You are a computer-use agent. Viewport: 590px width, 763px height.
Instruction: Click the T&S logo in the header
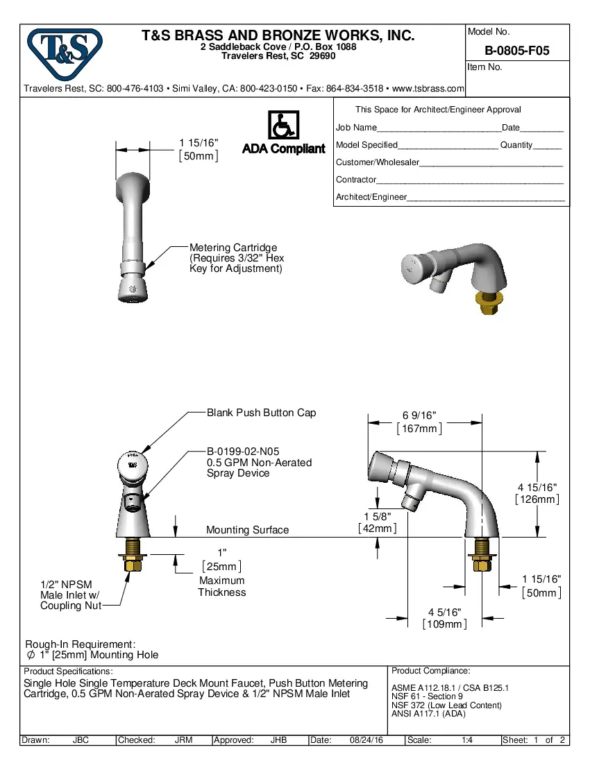coord(65,54)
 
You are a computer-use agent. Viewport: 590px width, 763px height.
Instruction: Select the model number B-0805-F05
coord(516,51)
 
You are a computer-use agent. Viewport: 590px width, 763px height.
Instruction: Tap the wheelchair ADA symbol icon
coord(283,126)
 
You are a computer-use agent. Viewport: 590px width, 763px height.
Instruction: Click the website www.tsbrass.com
coord(428,89)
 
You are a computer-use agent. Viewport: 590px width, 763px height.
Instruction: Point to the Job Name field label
coord(356,128)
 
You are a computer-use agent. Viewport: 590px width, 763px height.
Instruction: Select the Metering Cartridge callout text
coord(233,248)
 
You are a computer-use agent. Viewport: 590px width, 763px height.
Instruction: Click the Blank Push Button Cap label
coord(261,413)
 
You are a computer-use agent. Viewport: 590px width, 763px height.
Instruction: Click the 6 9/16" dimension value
coord(419,415)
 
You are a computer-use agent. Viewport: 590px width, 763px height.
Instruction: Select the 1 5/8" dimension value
coord(378,516)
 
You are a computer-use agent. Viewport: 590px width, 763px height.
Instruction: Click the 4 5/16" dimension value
coord(444,612)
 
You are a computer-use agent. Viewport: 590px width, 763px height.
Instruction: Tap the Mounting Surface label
coord(247,530)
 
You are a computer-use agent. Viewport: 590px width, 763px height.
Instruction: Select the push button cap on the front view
coord(133,463)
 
